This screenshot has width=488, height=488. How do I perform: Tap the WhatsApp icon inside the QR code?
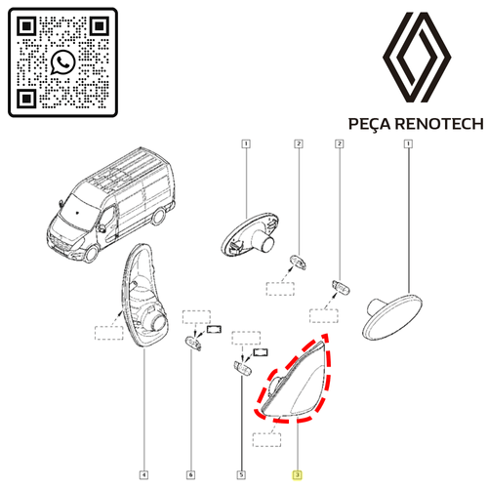tap(63, 61)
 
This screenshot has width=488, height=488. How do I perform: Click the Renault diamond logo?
tap(417, 58)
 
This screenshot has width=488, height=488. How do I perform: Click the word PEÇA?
tap(369, 124)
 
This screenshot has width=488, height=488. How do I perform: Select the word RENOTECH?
tap(439, 124)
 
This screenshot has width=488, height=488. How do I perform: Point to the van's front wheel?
tap(91, 254)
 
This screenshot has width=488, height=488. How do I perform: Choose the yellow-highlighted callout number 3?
tap(297, 475)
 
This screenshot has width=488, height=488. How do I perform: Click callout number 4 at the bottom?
tap(143, 475)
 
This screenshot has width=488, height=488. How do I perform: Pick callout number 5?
tap(241, 475)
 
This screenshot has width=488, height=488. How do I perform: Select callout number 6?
tap(190, 475)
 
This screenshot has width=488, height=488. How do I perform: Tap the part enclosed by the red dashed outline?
tap(296, 384)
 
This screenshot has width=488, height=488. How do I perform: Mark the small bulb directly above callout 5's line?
tap(243, 368)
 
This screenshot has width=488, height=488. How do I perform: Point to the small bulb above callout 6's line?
tap(193, 344)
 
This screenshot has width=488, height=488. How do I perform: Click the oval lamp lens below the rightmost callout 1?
tap(392, 316)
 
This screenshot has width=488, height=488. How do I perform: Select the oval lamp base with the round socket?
tap(250, 234)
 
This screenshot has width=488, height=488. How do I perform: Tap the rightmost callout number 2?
tap(340, 143)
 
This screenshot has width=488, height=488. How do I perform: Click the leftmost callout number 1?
tap(246, 143)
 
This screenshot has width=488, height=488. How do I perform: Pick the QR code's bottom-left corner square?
tap(26, 98)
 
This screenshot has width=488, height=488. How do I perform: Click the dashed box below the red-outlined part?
tap(266, 439)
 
